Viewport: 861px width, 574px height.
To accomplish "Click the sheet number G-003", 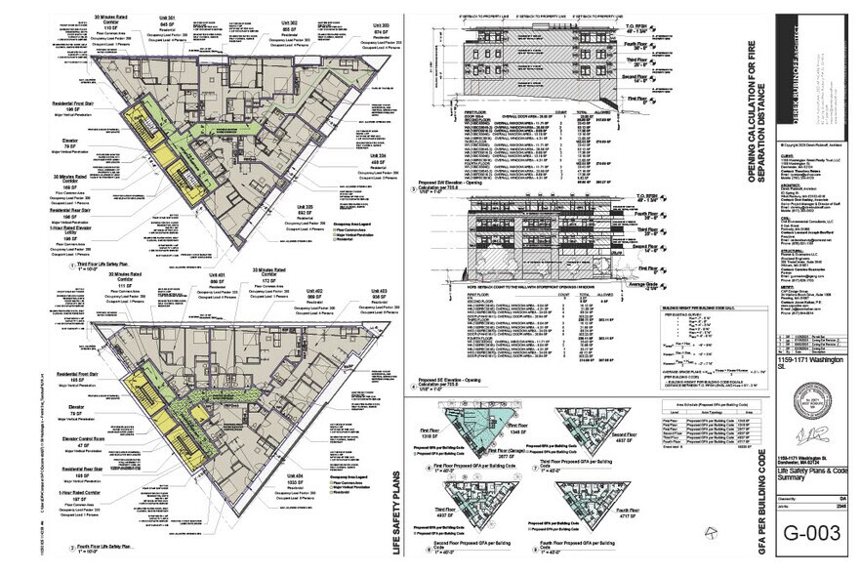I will [x=806, y=534].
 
